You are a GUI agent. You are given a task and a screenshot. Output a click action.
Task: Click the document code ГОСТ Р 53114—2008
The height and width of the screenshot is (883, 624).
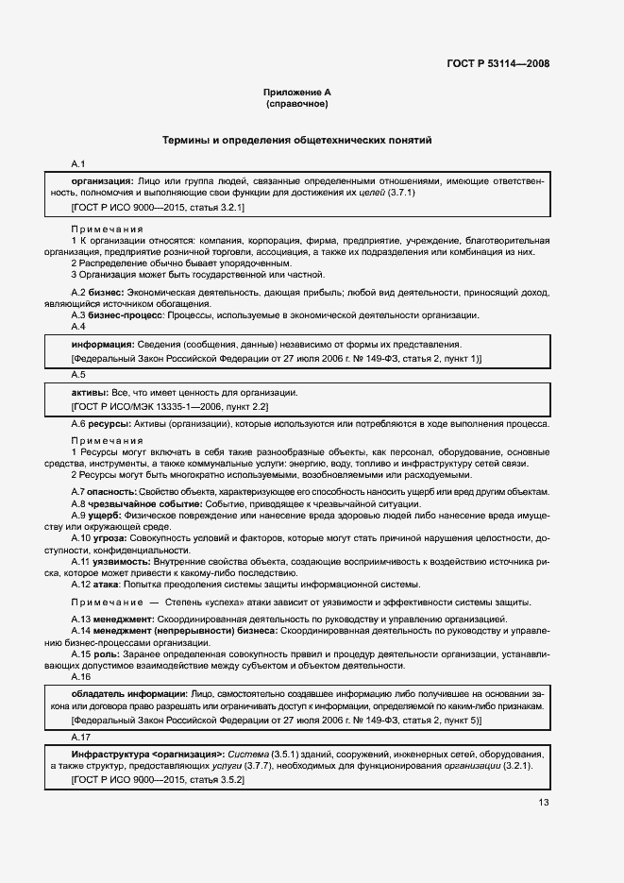click(498, 64)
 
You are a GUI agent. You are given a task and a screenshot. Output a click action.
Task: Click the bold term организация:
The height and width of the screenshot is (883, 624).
click(103, 179)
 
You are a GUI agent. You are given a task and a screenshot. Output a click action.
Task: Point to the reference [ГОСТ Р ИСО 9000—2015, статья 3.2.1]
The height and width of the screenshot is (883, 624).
click(158, 207)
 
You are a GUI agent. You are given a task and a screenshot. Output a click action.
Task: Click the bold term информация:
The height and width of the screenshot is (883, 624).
click(103, 344)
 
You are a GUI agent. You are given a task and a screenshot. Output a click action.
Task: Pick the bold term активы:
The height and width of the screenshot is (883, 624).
click(92, 392)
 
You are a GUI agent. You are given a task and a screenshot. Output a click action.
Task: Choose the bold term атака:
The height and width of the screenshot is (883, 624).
click(109, 584)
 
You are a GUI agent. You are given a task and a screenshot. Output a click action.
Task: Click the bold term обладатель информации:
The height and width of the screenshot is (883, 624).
click(129, 692)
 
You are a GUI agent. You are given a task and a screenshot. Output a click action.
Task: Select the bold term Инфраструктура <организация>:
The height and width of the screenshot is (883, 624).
click(146, 755)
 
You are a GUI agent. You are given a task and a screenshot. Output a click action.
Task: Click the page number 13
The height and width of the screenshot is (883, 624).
click(543, 803)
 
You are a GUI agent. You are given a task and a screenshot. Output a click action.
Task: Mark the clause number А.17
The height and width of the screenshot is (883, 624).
click(80, 737)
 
